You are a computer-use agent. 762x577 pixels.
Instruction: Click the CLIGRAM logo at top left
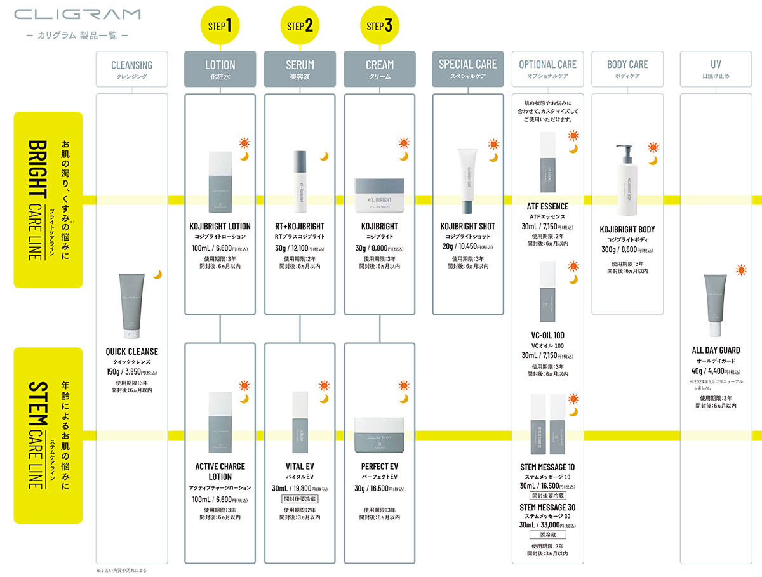pyautogui.click(x=77, y=14)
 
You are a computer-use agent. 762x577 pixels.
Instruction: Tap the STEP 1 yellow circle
pyautogui.click(x=220, y=25)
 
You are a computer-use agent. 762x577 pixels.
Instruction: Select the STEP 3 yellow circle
pyautogui.click(x=380, y=25)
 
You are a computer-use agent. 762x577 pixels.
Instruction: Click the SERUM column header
pyautogui.click(x=300, y=69)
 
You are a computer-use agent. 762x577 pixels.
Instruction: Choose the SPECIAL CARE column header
pyautogui.click(x=468, y=69)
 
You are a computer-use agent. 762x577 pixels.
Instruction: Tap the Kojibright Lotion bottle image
pyautogui.click(x=220, y=183)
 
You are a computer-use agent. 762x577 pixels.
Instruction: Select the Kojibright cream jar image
pyautogui.click(x=380, y=196)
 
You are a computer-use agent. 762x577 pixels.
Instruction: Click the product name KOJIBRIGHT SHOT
pyautogui.click(x=468, y=226)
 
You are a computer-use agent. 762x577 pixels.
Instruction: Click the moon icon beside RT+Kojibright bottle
pyautogui.click(x=323, y=156)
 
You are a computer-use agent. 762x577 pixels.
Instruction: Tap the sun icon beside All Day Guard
pyautogui.click(x=740, y=270)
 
